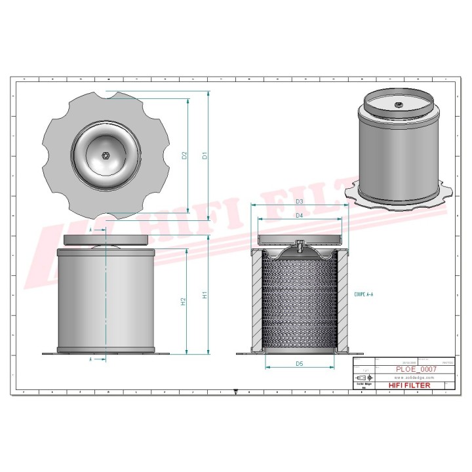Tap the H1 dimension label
[x=205, y=296]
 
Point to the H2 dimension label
[x=184, y=302]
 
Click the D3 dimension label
[x=299, y=201]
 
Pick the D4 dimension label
[x=299, y=215]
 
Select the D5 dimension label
[x=299, y=363]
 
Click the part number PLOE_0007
[x=416, y=369]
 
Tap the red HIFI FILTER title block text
[x=410, y=385]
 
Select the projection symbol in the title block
[x=363, y=378]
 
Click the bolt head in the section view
[x=299, y=246]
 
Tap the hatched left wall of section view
[x=256, y=298]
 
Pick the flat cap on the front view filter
[x=106, y=238]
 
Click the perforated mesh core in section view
[x=299, y=298]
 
